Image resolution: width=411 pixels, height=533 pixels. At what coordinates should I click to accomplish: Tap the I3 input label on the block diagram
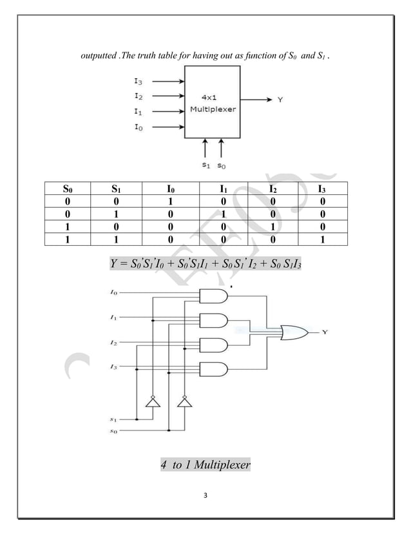coord(139,83)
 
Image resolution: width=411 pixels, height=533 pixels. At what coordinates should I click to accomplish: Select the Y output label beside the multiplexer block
coord(280,99)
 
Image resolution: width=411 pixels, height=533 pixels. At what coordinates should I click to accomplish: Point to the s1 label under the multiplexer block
coord(205,165)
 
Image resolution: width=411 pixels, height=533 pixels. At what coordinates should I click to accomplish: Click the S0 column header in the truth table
coord(68,190)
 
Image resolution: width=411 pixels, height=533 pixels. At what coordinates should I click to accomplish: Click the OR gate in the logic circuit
coord(293,332)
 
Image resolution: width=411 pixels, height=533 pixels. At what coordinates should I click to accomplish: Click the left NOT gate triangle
coord(153,403)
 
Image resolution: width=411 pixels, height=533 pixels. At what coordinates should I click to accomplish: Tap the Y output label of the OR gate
coord(325,332)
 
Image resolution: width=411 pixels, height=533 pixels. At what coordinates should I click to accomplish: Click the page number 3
coord(205,495)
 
